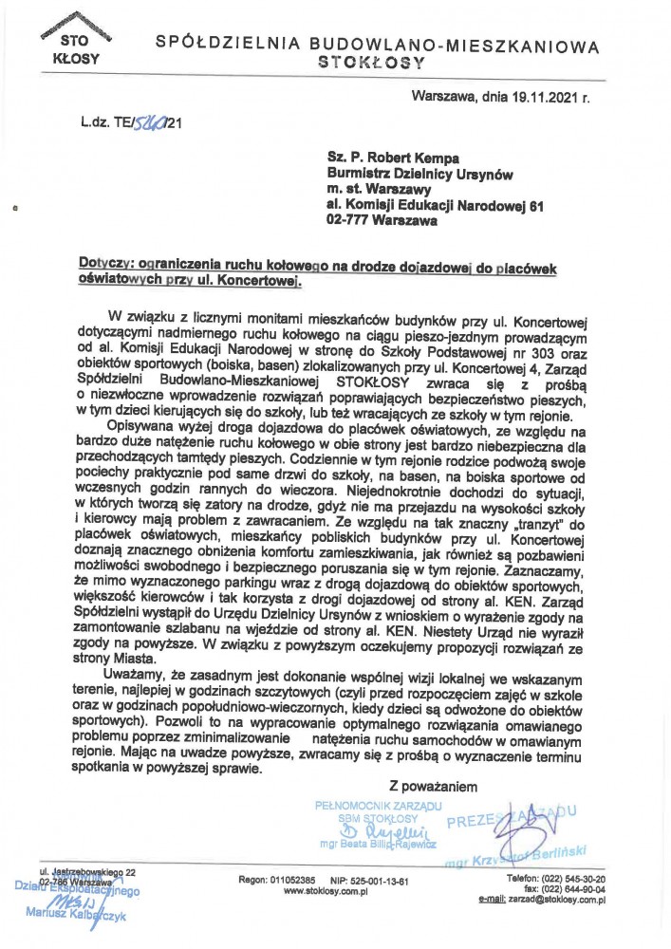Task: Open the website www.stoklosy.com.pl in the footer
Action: [x=326, y=893]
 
